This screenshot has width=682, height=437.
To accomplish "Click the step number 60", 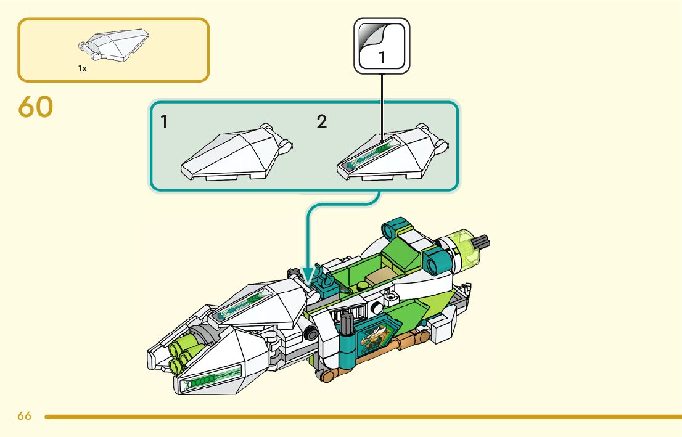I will click(x=36, y=107).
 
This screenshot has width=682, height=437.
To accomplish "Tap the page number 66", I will click(x=24, y=416).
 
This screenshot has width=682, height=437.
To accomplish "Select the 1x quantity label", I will click(x=83, y=69).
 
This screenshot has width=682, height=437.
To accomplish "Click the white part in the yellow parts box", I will click(x=115, y=44).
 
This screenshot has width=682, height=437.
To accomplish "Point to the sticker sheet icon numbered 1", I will click(x=381, y=46).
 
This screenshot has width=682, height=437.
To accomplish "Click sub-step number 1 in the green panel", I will click(x=164, y=122).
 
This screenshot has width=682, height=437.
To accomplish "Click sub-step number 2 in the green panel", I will click(x=322, y=122).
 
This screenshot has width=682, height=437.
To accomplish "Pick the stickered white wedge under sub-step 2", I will click(x=388, y=154).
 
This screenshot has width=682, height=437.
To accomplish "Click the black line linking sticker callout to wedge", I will click(x=382, y=105).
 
